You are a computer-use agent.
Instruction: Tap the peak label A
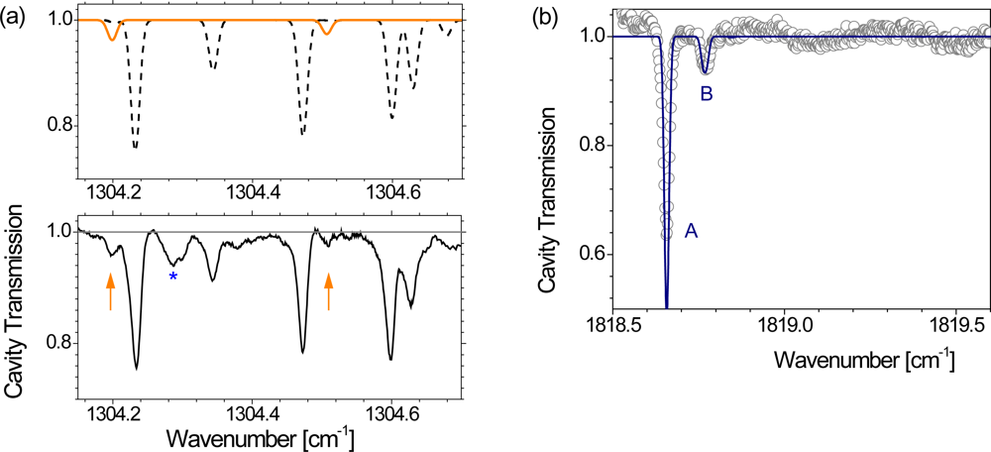pos(691,230)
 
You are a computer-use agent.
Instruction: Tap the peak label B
pos(706,94)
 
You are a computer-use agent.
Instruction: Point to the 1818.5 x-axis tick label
pos(615,325)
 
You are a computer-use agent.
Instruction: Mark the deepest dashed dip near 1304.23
pos(135,147)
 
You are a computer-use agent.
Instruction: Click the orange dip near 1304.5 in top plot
pos(327,33)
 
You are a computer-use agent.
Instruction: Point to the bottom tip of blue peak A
pos(666,307)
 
